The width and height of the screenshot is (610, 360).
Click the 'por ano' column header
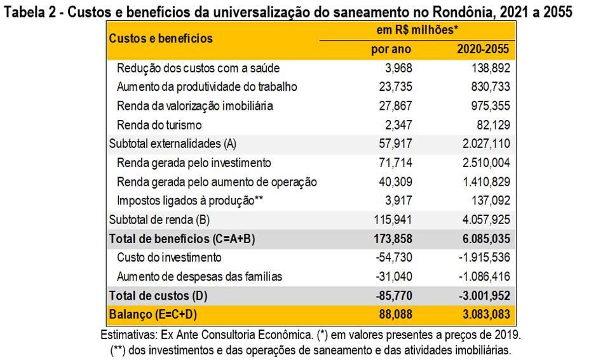(x=391, y=50)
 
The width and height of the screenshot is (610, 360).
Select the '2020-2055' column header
(x=484, y=50)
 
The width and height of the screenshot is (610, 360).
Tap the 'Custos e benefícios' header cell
(x=161, y=38)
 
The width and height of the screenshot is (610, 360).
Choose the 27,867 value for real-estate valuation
(x=394, y=106)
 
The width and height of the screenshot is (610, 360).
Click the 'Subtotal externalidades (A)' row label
(x=173, y=144)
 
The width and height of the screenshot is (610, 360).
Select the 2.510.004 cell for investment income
(x=482, y=163)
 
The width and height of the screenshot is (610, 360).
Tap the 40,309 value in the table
(x=394, y=182)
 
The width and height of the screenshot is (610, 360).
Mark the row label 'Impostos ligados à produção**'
(x=189, y=201)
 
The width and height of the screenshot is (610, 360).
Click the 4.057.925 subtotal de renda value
(x=482, y=220)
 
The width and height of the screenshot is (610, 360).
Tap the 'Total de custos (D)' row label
(x=158, y=296)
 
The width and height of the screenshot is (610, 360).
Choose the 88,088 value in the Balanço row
(x=394, y=315)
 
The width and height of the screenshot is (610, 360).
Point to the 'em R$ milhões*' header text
(x=418, y=30)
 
